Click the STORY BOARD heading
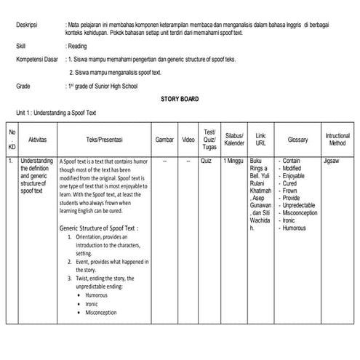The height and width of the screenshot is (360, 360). pos(180,99)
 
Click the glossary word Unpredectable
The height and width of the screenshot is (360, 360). pos(303,205)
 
